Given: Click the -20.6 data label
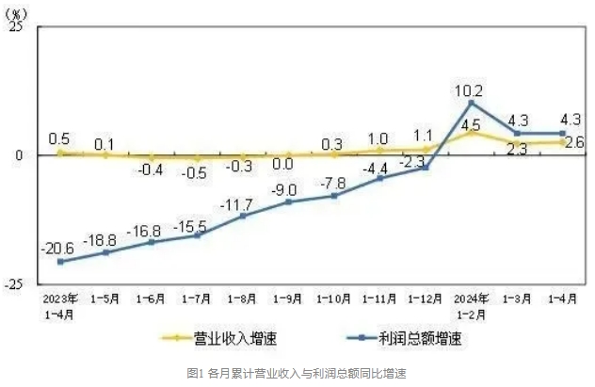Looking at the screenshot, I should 58,247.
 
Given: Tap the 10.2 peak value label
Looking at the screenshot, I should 468,91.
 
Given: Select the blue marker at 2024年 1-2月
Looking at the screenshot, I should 471,103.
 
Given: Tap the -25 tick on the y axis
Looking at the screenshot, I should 13,282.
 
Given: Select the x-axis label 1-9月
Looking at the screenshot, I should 288,298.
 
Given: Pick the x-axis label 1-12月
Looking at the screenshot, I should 426,298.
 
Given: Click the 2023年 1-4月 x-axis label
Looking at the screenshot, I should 60,305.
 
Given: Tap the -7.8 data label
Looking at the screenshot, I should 330,182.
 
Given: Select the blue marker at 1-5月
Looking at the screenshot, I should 105,252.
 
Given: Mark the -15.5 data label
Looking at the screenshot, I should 195,221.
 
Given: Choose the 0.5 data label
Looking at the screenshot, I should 58,138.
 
